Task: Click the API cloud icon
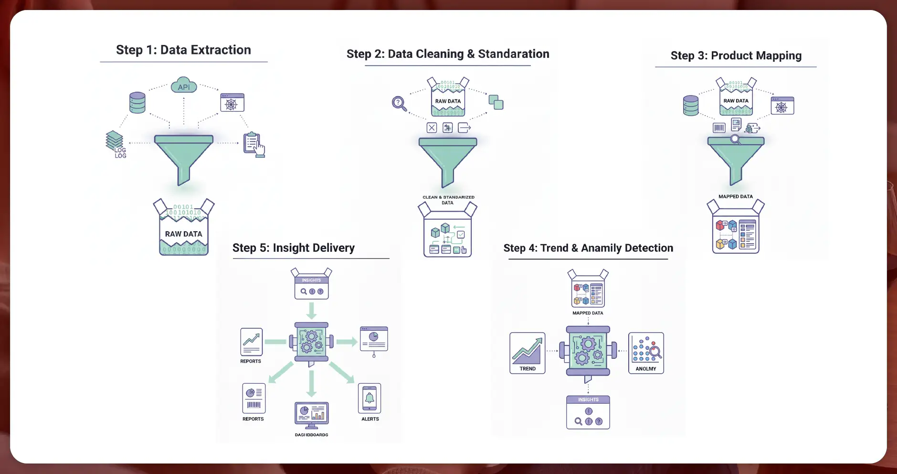click(x=184, y=86)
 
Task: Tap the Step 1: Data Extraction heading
click(x=183, y=50)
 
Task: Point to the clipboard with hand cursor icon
click(x=253, y=144)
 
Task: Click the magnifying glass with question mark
click(x=399, y=103)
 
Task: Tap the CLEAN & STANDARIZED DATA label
click(x=448, y=200)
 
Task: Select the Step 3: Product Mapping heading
click(x=736, y=56)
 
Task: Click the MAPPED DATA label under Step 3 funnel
click(x=736, y=196)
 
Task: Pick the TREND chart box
click(x=528, y=353)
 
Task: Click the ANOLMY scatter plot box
click(x=646, y=353)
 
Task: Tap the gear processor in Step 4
click(x=588, y=351)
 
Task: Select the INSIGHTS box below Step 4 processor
click(x=588, y=412)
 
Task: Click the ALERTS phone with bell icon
click(x=369, y=399)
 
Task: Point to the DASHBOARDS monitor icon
click(x=311, y=414)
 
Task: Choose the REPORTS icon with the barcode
click(x=253, y=399)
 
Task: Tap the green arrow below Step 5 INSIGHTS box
click(x=312, y=311)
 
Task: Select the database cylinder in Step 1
click(x=137, y=103)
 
